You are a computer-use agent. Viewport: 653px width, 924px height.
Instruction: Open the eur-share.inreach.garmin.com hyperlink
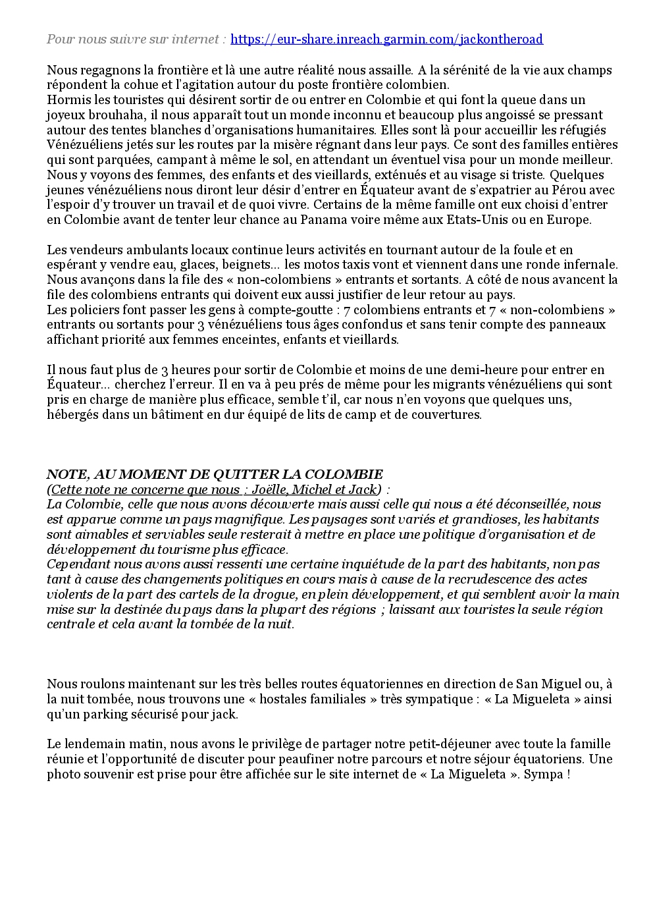tap(386, 40)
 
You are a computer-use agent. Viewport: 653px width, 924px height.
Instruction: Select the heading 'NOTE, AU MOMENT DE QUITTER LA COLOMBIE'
tap(215, 475)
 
